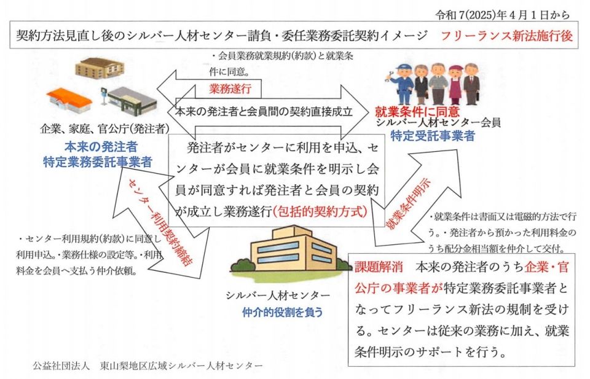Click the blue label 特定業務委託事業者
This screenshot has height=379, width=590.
pos(97,162)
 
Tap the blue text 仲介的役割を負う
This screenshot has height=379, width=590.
pos(282,311)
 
